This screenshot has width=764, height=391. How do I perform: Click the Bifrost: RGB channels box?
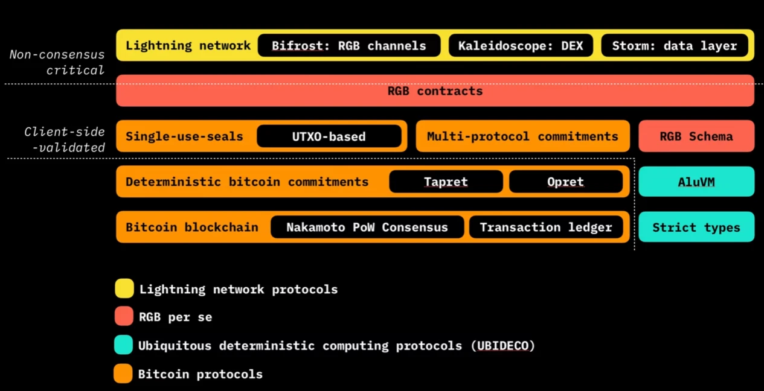tap(349, 46)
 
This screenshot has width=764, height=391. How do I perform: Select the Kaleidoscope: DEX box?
tap(521, 46)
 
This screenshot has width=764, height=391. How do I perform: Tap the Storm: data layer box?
tap(674, 46)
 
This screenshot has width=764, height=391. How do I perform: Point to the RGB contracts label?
tap(435, 91)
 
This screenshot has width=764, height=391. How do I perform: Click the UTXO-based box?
tap(329, 136)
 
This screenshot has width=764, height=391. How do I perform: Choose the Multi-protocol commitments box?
tap(522, 136)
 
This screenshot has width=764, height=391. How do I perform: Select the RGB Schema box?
tap(696, 136)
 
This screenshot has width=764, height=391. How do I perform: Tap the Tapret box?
tap(446, 182)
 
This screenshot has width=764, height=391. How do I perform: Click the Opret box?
tap(565, 182)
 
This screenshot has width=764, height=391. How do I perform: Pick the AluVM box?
tap(696, 182)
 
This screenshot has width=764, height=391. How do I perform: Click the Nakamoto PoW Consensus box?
tap(367, 227)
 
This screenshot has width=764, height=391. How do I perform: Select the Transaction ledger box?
tap(546, 227)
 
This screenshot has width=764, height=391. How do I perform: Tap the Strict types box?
tap(696, 227)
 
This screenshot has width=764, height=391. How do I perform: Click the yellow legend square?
tap(124, 289)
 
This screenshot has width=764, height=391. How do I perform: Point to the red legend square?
tap(124, 316)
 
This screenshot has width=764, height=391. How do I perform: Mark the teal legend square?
tap(123, 345)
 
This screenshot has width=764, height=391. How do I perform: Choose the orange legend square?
tap(123, 374)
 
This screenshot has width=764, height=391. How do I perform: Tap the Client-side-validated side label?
tap(65, 140)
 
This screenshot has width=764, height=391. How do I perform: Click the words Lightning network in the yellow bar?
tap(188, 46)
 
